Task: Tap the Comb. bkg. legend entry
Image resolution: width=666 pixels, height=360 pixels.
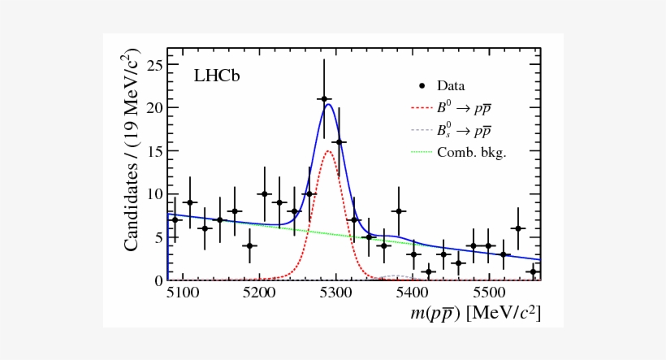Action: [471, 152]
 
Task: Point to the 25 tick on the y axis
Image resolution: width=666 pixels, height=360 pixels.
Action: [151, 64]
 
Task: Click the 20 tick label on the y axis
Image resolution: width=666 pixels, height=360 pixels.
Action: [151, 107]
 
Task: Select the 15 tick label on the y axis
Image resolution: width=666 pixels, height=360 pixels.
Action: [151, 151]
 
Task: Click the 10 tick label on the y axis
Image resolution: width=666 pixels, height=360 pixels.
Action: [151, 194]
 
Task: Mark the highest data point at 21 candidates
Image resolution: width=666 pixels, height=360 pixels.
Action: [323, 99]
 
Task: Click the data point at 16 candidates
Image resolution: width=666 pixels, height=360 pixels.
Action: [339, 142]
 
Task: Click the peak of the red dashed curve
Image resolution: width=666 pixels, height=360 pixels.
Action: [328, 150]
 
